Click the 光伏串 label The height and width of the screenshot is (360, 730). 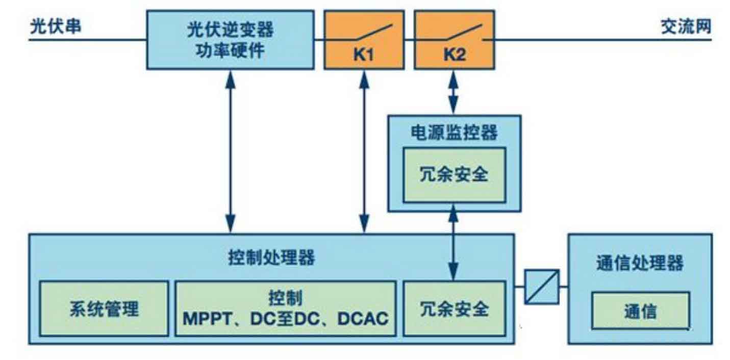point(56,27)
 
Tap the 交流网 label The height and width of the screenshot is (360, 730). point(686,27)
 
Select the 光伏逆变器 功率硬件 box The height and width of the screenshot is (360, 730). point(231,40)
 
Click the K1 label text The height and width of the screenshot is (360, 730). point(364,55)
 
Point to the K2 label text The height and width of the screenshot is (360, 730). point(455,55)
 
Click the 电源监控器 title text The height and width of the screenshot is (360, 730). point(455,132)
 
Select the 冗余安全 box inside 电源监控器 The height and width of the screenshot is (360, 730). point(455,175)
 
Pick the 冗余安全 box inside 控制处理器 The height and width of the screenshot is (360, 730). point(455,308)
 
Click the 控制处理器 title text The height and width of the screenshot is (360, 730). point(271,258)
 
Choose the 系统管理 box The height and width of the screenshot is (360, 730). point(104,308)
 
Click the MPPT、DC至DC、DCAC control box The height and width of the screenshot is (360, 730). point(286,308)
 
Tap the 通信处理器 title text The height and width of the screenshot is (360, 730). point(640,263)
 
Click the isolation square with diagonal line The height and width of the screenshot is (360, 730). point(542,287)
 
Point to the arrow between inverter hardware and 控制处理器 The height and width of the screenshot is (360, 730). point(231,152)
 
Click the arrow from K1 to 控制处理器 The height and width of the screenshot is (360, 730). point(364,152)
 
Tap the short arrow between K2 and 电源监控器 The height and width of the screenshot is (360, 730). point(454,92)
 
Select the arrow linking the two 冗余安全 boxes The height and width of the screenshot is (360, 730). point(454,242)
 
